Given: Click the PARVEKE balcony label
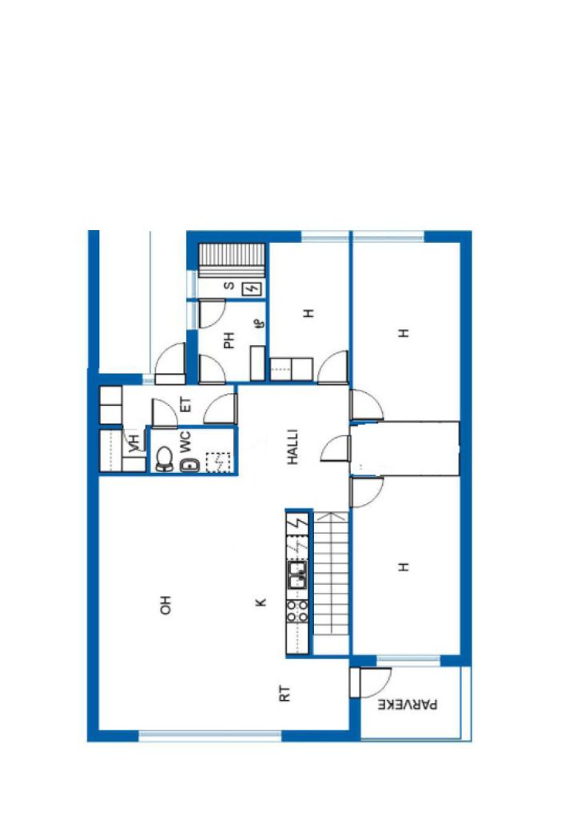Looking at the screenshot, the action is pos(408,705).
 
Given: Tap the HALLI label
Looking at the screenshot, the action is pos(292,447).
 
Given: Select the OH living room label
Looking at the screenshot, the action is pos(165,605).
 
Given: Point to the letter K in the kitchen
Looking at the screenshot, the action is pos(261,602).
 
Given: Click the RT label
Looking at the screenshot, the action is pos(284,694).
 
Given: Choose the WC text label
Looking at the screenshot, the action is pos(185,441).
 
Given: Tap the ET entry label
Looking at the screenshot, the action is pos(185,405).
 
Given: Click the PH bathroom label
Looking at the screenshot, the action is pos(229,340).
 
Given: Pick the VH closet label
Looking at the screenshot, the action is pos(134,443).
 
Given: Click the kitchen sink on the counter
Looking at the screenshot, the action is pos(297,575).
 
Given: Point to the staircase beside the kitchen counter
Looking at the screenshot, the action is pos(331,574).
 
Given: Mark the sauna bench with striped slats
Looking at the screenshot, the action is pos(233,260).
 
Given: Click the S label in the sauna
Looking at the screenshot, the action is pos(229,286).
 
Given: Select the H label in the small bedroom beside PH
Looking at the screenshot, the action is pos(309,313).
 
